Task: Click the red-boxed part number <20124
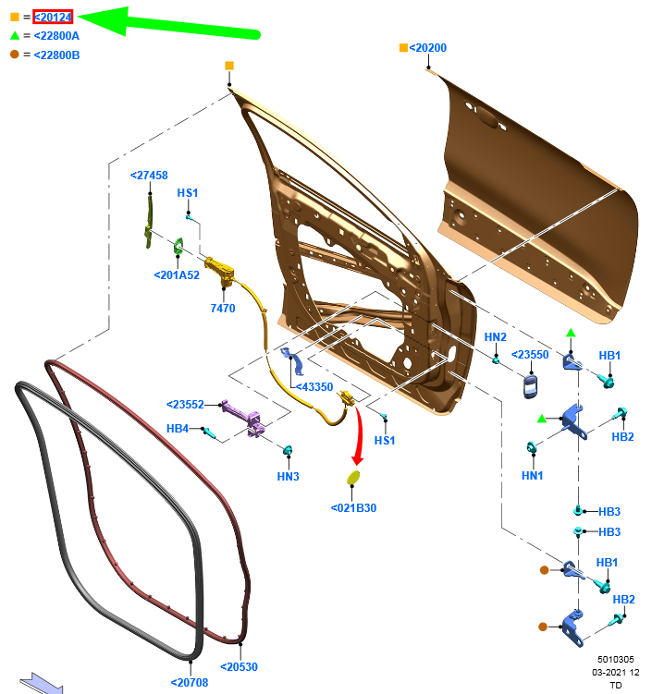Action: tap(53, 17)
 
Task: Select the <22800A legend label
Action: tap(56, 36)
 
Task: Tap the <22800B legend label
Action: tap(56, 55)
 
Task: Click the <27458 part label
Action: tap(149, 175)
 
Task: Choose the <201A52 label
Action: tap(177, 274)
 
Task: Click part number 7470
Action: tap(223, 308)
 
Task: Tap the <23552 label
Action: tap(186, 404)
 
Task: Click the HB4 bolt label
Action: tap(178, 429)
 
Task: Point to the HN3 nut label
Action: tap(288, 476)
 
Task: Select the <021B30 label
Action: tap(353, 507)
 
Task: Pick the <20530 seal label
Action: tap(239, 666)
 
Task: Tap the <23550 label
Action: tap(530, 354)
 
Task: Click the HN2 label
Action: tap(496, 337)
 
